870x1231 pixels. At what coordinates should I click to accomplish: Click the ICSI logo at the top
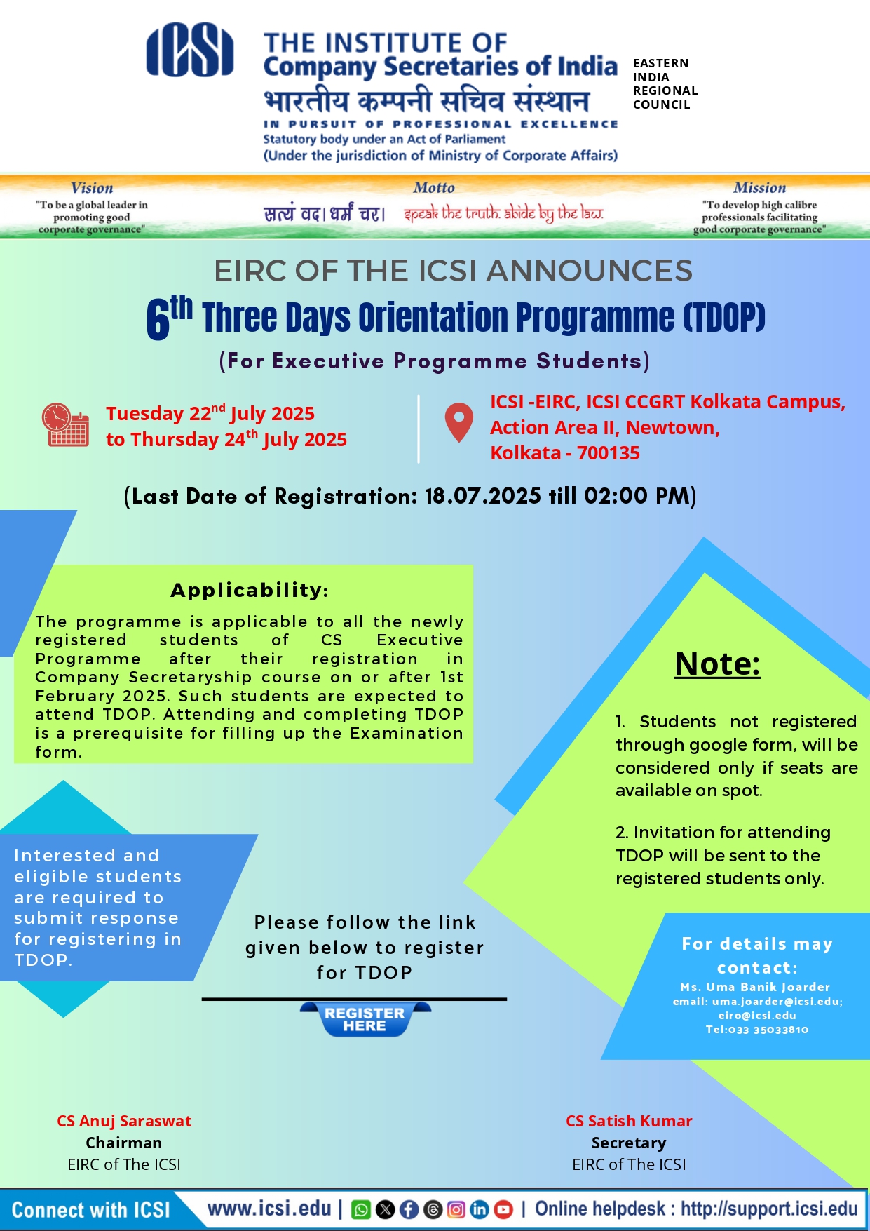point(189,51)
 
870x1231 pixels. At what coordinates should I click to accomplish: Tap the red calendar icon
point(64,425)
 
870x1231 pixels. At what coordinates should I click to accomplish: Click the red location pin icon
point(458,422)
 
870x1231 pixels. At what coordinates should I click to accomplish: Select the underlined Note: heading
point(717,664)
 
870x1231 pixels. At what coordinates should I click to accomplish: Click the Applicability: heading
point(250,590)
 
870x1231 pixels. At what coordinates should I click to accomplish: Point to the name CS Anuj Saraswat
point(124,1121)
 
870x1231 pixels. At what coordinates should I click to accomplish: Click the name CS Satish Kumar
point(629,1121)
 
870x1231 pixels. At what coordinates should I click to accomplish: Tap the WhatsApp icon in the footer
point(360,1209)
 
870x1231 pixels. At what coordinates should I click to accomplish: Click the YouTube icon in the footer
point(503,1209)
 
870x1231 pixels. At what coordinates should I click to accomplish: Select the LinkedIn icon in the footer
point(480,1209)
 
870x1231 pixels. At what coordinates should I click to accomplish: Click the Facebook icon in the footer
point(409,1209)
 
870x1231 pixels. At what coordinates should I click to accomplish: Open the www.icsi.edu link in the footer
point(269,1209)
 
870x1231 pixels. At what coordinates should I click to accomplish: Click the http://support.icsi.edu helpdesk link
point(769,1209)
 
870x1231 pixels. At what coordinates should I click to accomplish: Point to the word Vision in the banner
point(92,188)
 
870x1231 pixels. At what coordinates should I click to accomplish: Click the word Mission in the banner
point(759,188)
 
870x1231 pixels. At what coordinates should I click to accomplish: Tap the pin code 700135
point(608,453)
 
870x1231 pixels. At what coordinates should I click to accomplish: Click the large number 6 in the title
point(158,320)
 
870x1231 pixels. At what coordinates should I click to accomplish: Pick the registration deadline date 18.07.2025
point(482,496)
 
